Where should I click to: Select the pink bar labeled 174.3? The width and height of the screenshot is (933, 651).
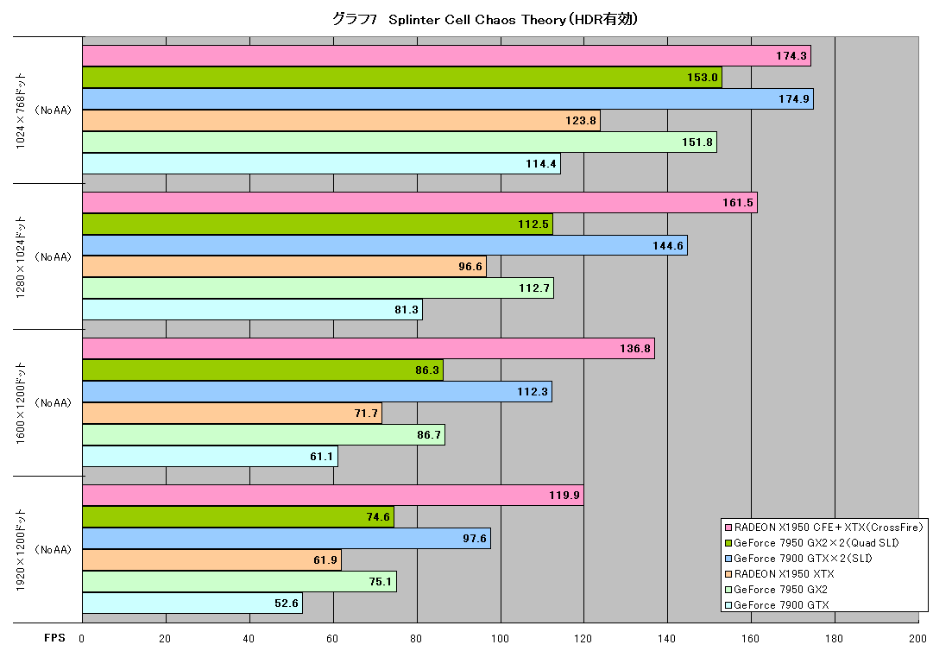tap(446, 56)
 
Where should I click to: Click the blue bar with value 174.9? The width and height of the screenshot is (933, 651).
tap(447, 98)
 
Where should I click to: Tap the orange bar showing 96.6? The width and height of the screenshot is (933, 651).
tap(284, 267)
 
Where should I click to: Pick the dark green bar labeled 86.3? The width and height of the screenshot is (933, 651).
tap(262, 370)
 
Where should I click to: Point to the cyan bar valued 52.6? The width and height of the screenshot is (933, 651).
tap(192, 603)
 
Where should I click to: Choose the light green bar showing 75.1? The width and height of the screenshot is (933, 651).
tap(239, 581)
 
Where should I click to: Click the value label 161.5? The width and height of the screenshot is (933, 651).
tap(738, 203)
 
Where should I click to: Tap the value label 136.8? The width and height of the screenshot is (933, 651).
tap(635, 349)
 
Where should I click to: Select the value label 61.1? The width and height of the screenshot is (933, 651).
tap(321, 457)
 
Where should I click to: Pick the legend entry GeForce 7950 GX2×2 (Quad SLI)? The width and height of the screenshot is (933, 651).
tap(811, 543)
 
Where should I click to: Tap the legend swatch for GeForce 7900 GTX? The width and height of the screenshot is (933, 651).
tap(728, 605)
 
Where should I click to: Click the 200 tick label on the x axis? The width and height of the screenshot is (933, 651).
tap(917, 639)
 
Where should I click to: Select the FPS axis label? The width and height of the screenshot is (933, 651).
tap(54, 638)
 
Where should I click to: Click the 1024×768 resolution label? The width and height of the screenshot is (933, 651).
tap(21, 111)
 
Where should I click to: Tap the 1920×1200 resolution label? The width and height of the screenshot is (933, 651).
tap(21, 549)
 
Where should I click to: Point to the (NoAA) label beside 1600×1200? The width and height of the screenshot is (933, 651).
tap(53, 403)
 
